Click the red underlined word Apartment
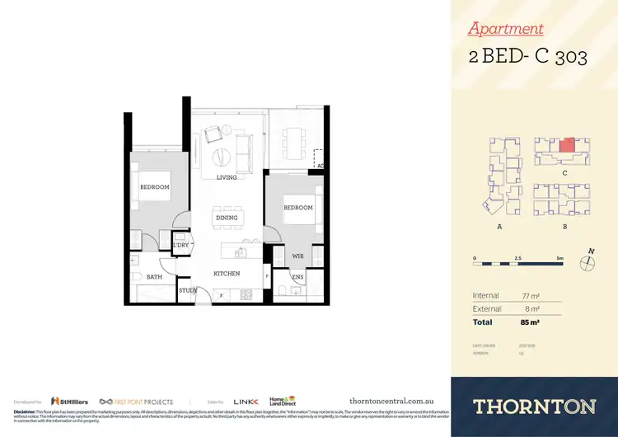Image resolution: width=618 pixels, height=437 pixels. pyautogui.click(x=505, y=29)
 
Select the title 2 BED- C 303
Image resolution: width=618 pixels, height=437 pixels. pyautogui.click(x=527, y=57)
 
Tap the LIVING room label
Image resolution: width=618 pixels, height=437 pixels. pyautogui.click(x=227, y=177)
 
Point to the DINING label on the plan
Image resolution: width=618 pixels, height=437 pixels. pyautogui.click(x=227, y=218)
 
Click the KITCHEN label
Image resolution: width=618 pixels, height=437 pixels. pyautogui.click(x=227, y=273)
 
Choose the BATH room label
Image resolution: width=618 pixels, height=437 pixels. pyautogui.click(x=154, y=277)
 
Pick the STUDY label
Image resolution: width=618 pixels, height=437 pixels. pyautogui.click(x=187, y=290)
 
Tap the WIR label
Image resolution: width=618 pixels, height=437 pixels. pyautogui.click(x=297, y=257)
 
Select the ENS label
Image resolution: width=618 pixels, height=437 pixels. pyautogui.click(x=297, y=277)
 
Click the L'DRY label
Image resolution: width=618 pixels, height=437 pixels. pyautogui.click(x=180, y=246)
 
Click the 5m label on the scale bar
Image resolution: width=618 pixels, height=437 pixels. pyautogui.click(x=560, y=258)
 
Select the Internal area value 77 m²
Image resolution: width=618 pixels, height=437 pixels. pyautogui.click(x=530, y=295)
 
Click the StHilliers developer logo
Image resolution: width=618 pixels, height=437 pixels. pyautogui.click(x=65, y=400)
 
